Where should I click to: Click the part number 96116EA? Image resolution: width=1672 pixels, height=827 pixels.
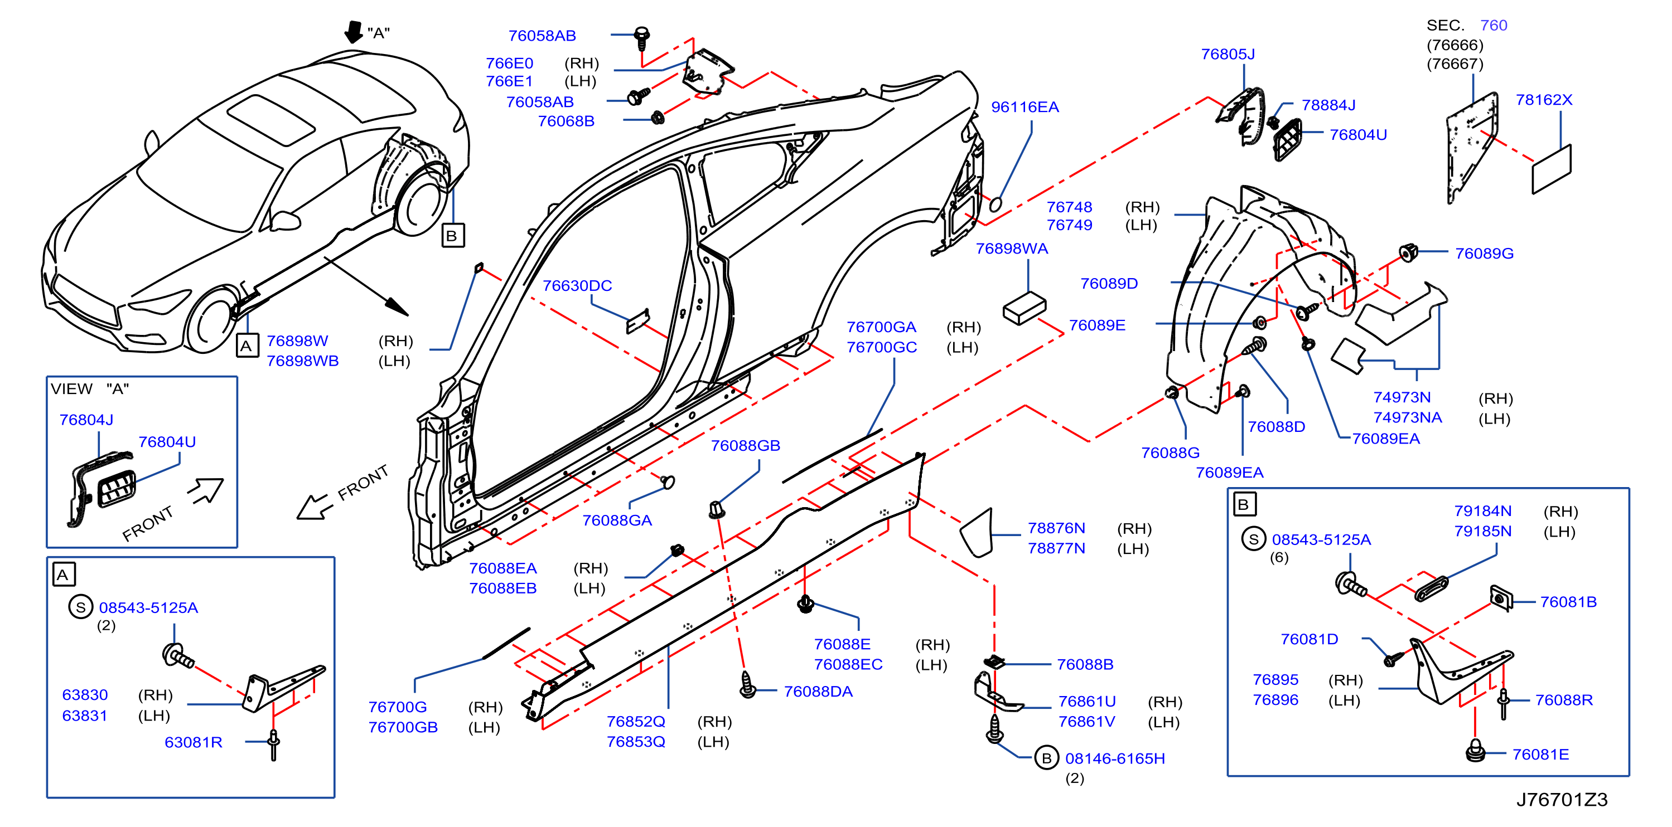click(x=1025, y=107)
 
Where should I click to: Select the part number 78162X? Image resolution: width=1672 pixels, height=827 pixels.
click(x=1544, y=100)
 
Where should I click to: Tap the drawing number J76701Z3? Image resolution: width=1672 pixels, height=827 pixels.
click(x=1562, y=799)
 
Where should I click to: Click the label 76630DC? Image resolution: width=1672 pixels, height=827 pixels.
click(x=577, y=285)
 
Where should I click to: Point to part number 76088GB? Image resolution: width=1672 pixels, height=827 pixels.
click(x=745, y=446)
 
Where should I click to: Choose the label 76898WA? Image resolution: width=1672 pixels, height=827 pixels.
click(x=1011, y=249)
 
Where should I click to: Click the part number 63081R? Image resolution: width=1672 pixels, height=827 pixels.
click(x=194, y=742)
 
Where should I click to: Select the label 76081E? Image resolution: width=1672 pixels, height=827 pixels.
click(x=1540, y=755)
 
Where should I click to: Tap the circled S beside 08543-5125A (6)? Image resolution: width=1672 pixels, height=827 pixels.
click(x=1253, y=539)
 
